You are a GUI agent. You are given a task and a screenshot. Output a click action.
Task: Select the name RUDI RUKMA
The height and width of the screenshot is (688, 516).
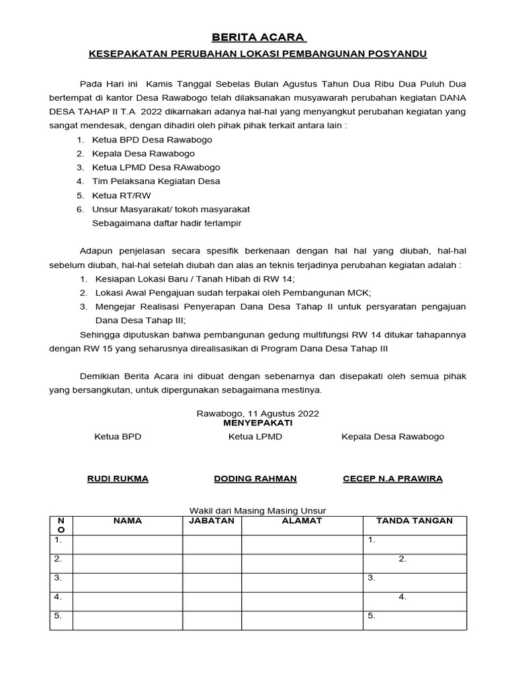(x=118, y=478)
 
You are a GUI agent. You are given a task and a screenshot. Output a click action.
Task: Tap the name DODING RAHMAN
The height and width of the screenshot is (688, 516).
(x=255, y=478)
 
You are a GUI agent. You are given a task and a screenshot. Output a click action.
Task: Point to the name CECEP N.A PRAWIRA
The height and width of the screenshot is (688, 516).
(x=392, y=478)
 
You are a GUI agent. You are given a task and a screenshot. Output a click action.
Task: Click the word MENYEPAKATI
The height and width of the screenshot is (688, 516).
(x=258, y=423)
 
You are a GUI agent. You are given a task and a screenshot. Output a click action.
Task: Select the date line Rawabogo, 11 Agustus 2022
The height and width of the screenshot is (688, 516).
(x=258, y=413)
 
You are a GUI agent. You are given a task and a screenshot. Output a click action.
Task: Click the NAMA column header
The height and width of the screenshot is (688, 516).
(x=127, y=521)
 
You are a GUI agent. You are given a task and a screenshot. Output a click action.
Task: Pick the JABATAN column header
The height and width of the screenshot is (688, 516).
(x=212, y=521)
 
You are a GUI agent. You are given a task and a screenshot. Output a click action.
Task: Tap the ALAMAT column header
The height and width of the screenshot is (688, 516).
(x=302, y=521)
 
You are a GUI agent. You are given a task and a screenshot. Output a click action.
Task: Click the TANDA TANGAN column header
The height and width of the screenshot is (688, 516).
(x=415, y=521)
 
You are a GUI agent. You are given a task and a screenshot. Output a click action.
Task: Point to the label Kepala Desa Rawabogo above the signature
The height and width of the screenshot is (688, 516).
(x=392, y=437)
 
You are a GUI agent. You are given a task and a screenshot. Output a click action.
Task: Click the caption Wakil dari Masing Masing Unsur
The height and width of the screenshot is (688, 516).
(x=258, y=511)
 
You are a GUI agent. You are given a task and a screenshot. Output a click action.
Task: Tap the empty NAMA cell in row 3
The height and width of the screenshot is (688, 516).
(x=127, y=582)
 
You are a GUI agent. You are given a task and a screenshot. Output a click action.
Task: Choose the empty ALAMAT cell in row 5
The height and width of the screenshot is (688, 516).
(x=302, y=619)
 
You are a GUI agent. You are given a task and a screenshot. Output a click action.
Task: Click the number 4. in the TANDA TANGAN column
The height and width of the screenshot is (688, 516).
(x=402, y=597)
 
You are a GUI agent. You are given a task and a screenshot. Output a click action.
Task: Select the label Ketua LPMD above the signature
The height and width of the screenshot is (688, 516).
(x=255, y=437)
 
